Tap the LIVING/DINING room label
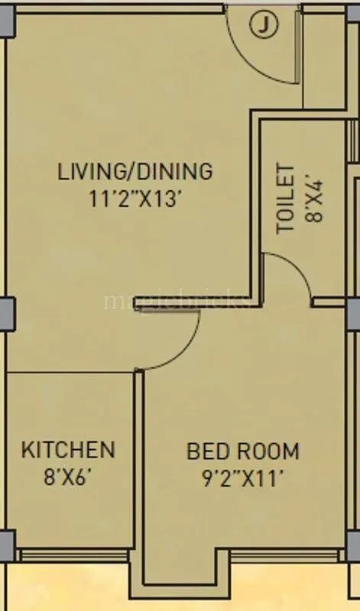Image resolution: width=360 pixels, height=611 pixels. point(135,170)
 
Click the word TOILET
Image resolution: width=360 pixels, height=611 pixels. point(285,198)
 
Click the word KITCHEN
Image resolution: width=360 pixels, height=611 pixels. point(68,449)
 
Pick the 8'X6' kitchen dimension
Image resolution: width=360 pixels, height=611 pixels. point(68,478)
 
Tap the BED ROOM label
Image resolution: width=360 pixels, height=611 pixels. point(243,451)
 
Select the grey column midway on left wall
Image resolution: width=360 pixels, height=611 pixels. point(6,313)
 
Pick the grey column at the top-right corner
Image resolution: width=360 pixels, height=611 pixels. point(353,16)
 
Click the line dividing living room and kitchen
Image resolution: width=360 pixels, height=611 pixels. point(73,373)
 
